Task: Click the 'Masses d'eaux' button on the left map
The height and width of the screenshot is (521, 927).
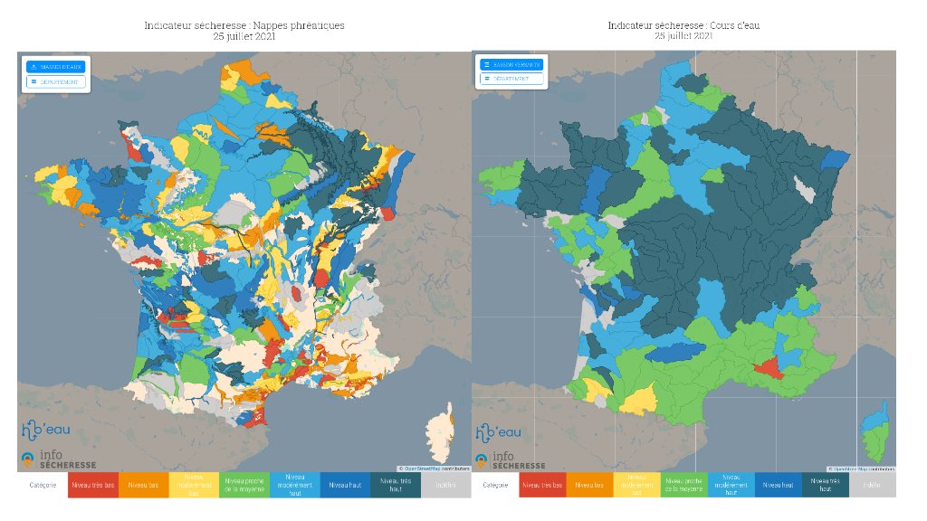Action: (x=55, y=67)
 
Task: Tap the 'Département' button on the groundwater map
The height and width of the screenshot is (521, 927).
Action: (x=55, y=81)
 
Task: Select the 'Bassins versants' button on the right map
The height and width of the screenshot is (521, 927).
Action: (x=512, y=64)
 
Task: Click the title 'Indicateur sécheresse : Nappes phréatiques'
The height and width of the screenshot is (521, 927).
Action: (x=244, y=25)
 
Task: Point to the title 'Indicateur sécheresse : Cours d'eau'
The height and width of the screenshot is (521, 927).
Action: (x=683, y=25)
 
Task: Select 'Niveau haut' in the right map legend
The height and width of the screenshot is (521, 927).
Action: (x=778, y=485)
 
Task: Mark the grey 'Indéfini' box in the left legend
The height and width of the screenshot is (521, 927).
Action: (x=445, y=485)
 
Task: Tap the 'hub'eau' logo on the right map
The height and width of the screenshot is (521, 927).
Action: (x=499, y=431)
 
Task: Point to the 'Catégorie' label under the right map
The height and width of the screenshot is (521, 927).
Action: (x=495, y=485)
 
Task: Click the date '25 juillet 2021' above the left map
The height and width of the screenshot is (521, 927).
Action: (x=244, y=37)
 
